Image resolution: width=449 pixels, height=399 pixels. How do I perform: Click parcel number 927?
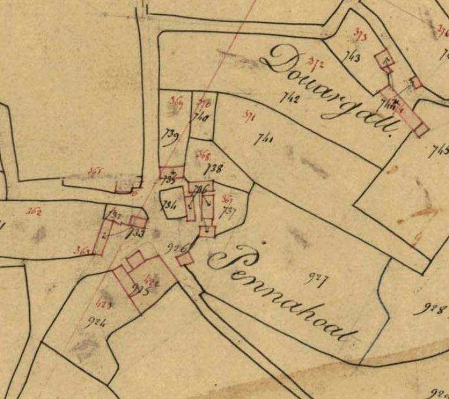click(x=315, y=279)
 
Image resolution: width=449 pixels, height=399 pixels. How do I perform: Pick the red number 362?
click(x=33, y=212)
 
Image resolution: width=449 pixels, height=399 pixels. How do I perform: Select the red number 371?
click(x=250, y=116)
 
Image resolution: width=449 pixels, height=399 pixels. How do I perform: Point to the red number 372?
click(x=316, y=63)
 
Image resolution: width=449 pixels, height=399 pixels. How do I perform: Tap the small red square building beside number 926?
click(x=185, y=259)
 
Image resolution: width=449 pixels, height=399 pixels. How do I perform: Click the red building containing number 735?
click(x=171, y=172)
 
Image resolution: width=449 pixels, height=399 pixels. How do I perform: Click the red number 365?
click(x=96, y=171)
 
